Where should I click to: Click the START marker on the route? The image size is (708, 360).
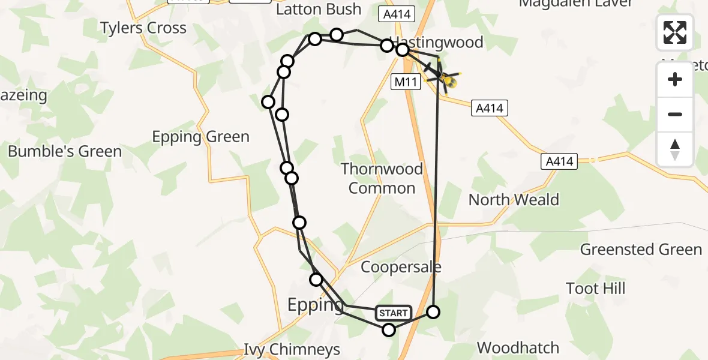coord(394,313)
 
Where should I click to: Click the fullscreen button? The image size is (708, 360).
coord(675,32)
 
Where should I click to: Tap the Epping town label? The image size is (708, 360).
coord(316,305)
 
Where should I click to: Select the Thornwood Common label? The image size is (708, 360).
coord(382,178)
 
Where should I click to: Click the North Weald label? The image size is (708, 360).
coord(514,200)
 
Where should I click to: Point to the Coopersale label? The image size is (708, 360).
coord(401,267)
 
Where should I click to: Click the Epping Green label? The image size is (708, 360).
coord(200,137)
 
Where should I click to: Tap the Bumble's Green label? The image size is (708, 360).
coord(65,151)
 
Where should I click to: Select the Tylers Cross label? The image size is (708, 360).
coord(143,28)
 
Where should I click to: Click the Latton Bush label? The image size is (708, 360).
coord(318,9)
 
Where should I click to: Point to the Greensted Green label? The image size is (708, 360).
coord(641,250)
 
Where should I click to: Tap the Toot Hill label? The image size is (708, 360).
coord(596,289)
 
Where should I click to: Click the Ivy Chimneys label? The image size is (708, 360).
coord(292,349)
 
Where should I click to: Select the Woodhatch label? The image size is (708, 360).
coord(518,347)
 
